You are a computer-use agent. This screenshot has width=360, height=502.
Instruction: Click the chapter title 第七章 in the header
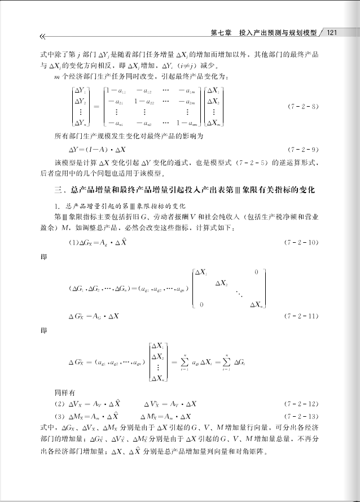click(220, 32)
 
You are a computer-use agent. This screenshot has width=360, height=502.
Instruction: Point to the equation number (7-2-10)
click(303, 242)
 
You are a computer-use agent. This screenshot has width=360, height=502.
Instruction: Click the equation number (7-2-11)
click(303, 316)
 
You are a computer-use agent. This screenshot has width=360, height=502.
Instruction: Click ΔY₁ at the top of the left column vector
click(82, 90)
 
